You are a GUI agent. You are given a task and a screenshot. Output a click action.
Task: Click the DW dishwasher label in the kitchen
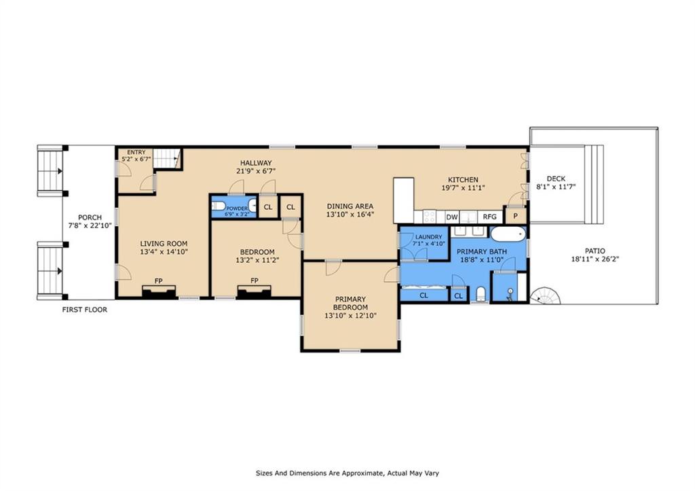click(451, 217)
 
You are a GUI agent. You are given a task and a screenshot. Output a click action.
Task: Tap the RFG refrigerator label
click(489, 217)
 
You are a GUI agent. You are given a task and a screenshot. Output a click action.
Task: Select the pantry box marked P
click(515, 215)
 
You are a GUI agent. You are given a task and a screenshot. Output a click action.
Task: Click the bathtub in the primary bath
click(508, 234)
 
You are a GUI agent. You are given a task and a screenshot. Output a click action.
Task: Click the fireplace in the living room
click(159, 291)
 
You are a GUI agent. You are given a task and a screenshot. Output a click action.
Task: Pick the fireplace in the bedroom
click(254, 291)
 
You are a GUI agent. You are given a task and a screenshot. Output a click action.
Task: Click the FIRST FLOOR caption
click(85, 310)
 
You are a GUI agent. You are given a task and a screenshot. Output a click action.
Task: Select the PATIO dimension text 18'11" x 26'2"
click(595, 259)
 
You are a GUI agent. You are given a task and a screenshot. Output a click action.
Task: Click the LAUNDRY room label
click(428, 237)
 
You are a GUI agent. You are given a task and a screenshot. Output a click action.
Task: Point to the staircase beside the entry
click(167, 158)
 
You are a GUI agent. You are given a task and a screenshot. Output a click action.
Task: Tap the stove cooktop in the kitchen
click(430, 217)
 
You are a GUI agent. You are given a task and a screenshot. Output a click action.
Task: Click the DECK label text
click(556, 179)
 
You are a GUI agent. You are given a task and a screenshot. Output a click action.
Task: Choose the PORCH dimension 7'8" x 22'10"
click(90, 225)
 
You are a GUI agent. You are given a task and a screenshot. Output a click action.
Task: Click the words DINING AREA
click(350, 206)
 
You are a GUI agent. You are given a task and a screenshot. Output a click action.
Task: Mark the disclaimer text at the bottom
click(347, 473)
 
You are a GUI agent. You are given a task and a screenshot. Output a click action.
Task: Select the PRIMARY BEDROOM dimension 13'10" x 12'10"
click(350, 316)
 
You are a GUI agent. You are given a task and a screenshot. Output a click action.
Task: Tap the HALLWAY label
click(256, 163)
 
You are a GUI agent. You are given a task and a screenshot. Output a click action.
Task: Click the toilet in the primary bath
click(480, 295)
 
